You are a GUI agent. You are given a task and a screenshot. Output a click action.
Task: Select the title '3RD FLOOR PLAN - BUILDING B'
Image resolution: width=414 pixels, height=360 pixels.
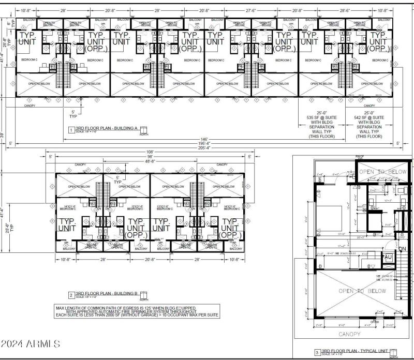tap(107, 293)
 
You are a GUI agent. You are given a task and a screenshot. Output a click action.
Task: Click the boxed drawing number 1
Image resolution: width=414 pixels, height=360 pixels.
tap(71, 129)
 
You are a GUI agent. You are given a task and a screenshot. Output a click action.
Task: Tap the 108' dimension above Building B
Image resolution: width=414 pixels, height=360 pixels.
tap(150, 152)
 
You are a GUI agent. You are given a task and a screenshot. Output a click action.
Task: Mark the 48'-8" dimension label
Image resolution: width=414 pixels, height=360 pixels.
tap(150, 161)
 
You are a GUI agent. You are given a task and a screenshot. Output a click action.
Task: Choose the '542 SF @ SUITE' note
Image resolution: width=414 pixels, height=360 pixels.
tap(369, 118)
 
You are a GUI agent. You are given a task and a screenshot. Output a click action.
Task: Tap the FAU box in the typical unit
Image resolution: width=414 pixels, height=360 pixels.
tap(388, 257)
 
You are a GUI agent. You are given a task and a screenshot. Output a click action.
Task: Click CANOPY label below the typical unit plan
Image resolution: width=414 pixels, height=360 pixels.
tap(350, 334)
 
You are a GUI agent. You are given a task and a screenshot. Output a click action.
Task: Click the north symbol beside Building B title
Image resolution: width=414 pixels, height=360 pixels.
tap(144, 295)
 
